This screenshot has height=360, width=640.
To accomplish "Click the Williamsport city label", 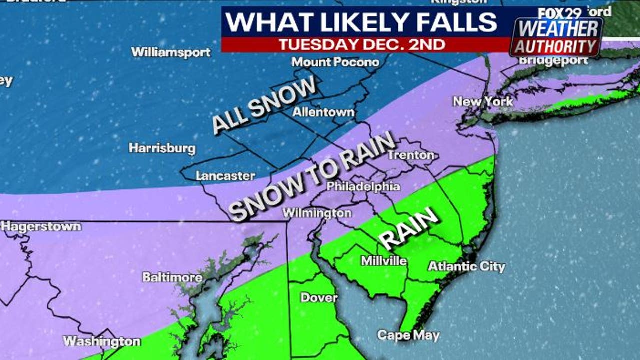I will click(171, 52).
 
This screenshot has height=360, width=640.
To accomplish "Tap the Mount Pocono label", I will click(335, 62).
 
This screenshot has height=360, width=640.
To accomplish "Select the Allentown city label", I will click(323, 112).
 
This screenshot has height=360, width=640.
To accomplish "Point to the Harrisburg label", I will click(162, 148).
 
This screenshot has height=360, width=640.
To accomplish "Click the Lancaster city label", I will click(225, 176).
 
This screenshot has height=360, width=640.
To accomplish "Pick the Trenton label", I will click(411, 155).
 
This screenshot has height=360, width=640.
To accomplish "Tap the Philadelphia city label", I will click(363, 187).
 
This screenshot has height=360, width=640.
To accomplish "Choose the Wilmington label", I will click(317, 213).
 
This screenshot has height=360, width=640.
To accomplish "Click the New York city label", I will click(483, 102).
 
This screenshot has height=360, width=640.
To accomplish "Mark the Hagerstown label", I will click(41, 226).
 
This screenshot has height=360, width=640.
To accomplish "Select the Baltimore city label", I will click(172, 277).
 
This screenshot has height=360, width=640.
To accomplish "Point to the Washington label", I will click(102, 342).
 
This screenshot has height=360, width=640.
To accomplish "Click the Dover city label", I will click(319, 298).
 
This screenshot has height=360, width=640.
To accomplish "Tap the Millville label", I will click(384, 261).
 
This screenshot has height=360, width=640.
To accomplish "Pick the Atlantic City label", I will click(466, 267).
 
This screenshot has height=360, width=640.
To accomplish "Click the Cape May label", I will click(408, 335).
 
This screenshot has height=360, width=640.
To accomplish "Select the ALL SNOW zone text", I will click(264, 104).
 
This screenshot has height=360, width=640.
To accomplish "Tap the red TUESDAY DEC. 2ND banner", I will click(362, 44).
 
